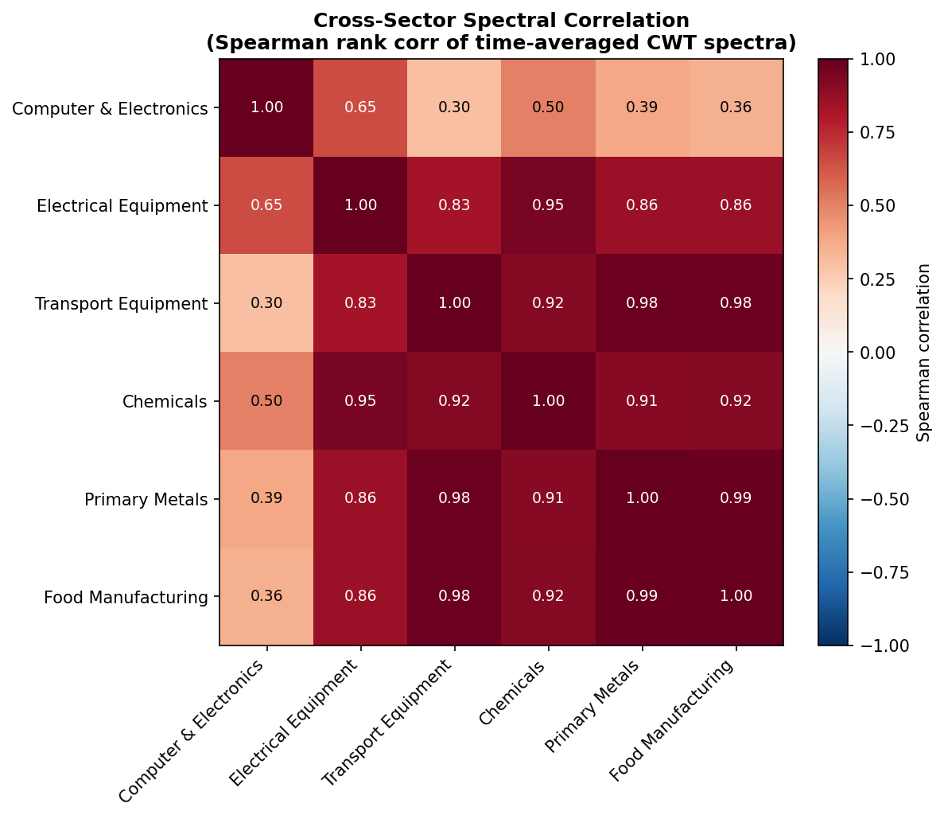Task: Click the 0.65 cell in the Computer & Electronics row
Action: coord(360,107)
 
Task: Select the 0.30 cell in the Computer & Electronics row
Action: coord(454,107)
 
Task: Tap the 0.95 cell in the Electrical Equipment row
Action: coord(548,205)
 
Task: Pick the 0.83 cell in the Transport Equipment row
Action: coord(360,303)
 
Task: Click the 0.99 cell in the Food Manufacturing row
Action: coord(642,596)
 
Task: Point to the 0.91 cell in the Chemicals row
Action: coord(642,401)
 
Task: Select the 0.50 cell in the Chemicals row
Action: coord(266,401)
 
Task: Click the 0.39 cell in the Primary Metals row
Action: coord(266,498)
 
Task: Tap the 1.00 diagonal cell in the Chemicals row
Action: coord(548,401)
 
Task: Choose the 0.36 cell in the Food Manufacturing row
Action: coord(266,596)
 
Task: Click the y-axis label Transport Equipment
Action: coord(121,303)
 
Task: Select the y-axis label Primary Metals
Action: coord(146,500)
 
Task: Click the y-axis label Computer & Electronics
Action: coord(110,108)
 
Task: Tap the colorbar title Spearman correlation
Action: coord(923,352)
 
